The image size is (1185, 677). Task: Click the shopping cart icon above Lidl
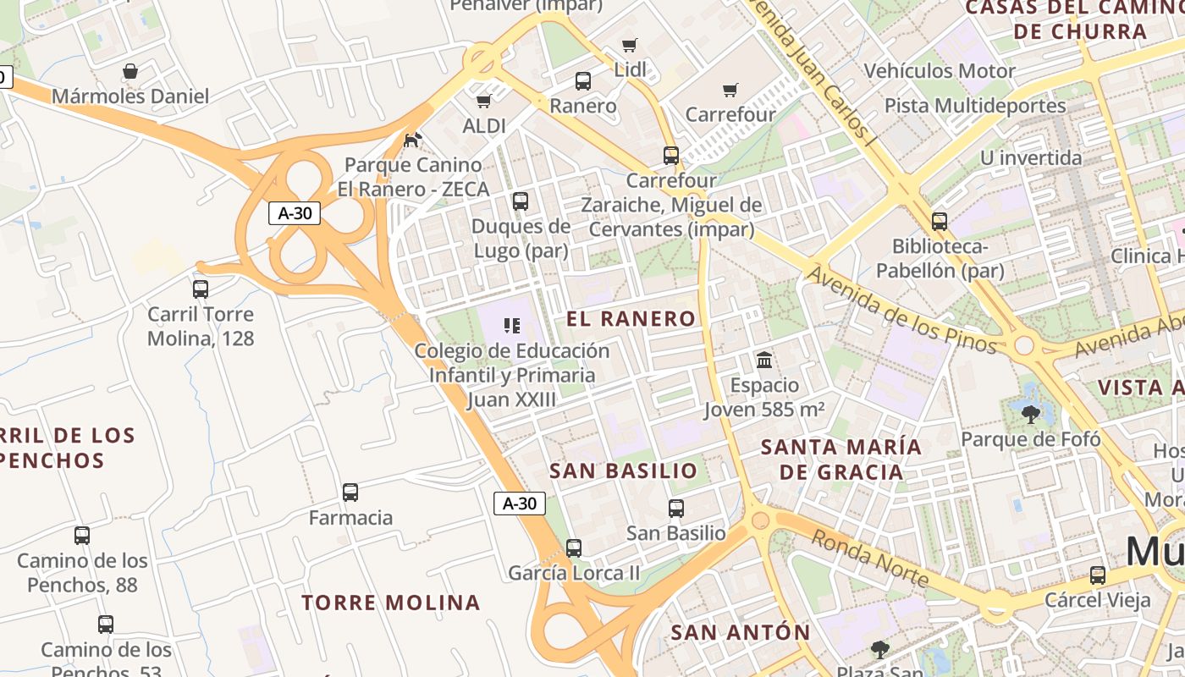629,45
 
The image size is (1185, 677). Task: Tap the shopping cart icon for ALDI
483,102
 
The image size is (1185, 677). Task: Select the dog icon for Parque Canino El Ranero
413,140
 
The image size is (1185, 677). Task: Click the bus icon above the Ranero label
583,81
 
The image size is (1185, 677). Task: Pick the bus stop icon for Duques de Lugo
521,201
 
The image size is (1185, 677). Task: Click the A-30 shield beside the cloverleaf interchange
295,213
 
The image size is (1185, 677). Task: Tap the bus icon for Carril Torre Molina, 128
201,289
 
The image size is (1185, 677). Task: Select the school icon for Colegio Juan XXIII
511,326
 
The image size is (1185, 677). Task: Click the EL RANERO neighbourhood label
631,319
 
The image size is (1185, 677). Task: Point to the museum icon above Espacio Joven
764,361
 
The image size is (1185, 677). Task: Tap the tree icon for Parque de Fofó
1030,414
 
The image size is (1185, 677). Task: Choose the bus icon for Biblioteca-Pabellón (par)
940,222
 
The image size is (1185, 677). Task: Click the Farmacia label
350,517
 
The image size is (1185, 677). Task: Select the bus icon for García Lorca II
574,548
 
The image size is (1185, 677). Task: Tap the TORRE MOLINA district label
391,603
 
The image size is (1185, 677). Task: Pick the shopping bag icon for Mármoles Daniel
130,71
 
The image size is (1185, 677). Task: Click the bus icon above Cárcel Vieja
1098,575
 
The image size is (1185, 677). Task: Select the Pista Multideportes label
975,106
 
